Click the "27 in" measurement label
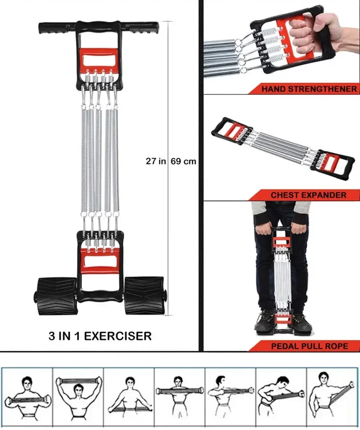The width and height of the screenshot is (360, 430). tap(155, 161)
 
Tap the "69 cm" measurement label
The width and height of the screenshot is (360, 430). tap(184, 161)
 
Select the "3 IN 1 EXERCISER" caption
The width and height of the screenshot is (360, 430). tap(100, 335)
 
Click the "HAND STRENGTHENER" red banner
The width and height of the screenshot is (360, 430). tap(309, 89)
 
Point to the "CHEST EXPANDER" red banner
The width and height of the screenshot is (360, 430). tap(308, 195)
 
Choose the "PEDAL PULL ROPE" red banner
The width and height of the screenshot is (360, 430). tap(309, 346)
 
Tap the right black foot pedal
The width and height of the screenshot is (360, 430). tap(144, 295)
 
